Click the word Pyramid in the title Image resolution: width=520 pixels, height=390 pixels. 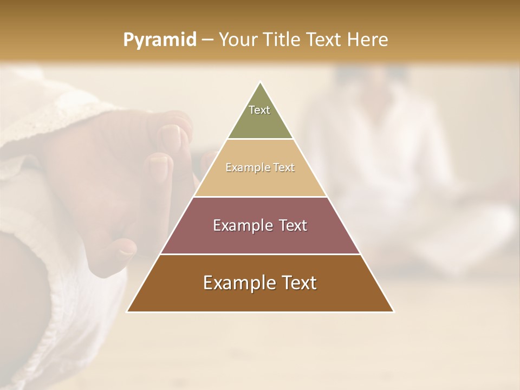pos(159,40)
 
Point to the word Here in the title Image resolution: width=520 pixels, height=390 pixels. pos(368,40)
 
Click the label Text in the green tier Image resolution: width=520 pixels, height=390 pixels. pos(259,110)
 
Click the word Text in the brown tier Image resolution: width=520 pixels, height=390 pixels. pos(298,283)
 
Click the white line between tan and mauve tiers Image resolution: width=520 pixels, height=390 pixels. pos(260,197)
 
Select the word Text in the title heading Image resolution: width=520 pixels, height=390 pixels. pos(326,40)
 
